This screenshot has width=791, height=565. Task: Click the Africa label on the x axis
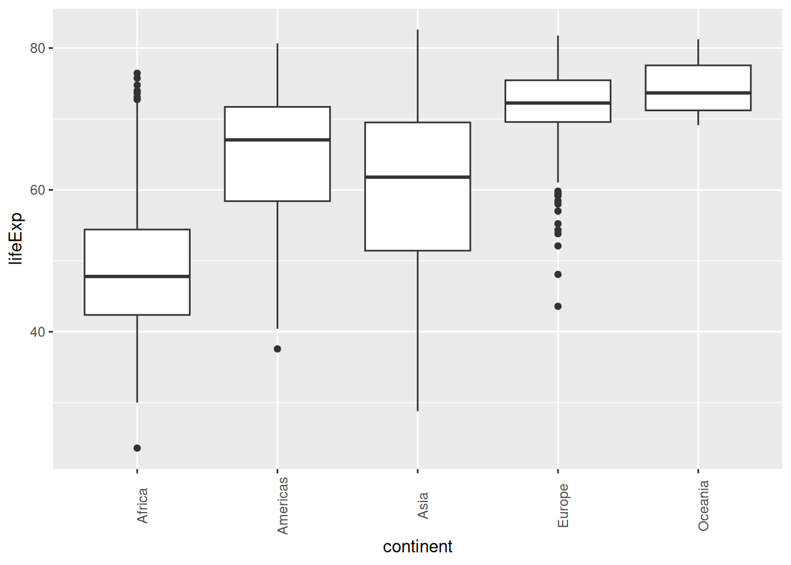pyautogui.click(x=142, y=506)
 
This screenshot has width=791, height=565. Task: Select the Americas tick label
pyautogui.click(x=282, y=506)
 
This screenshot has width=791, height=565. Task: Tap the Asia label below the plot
pyautogui.click(x=423, y=506)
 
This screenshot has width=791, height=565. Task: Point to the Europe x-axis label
pyautogui.click(x=563, y=506)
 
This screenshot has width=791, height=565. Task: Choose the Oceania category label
pyautogui.click(x=703, y=506)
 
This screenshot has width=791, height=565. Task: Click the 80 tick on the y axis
pyautogui.click(x=38, y=48)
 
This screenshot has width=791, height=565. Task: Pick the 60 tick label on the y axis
pyautogui.click(x=38, y=190)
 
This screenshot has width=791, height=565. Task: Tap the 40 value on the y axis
pyautogui.click(x=38, y=332)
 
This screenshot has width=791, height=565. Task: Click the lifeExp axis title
pyautogui.click(x=16, y=238)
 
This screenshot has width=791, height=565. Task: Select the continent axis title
pyautogui.click(x=417, y=547)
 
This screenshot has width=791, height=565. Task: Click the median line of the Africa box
pyautogui.click(x=137, y=276)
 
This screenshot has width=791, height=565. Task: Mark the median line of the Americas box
pyautogui.click(x=277, y=139)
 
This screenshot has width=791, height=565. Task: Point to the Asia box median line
pyautogui.click(x=417, y=177)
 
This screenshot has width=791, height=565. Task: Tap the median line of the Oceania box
pyautogui.click(x=698, y=93)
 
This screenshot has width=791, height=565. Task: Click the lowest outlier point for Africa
pyautogui.click(x=137, y=448)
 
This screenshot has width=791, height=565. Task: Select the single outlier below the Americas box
pyautogui.click(x=277, y=349)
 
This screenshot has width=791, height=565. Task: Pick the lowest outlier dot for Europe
pyautogui.click(x=558, y=306)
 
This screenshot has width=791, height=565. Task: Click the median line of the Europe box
pyautogui.click(x=558, y=103)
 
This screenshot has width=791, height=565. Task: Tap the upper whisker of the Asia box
pyautogui.click(x=417, y=77)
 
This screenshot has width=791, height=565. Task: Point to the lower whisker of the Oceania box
pyautogui.click(x=698, y=118)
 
